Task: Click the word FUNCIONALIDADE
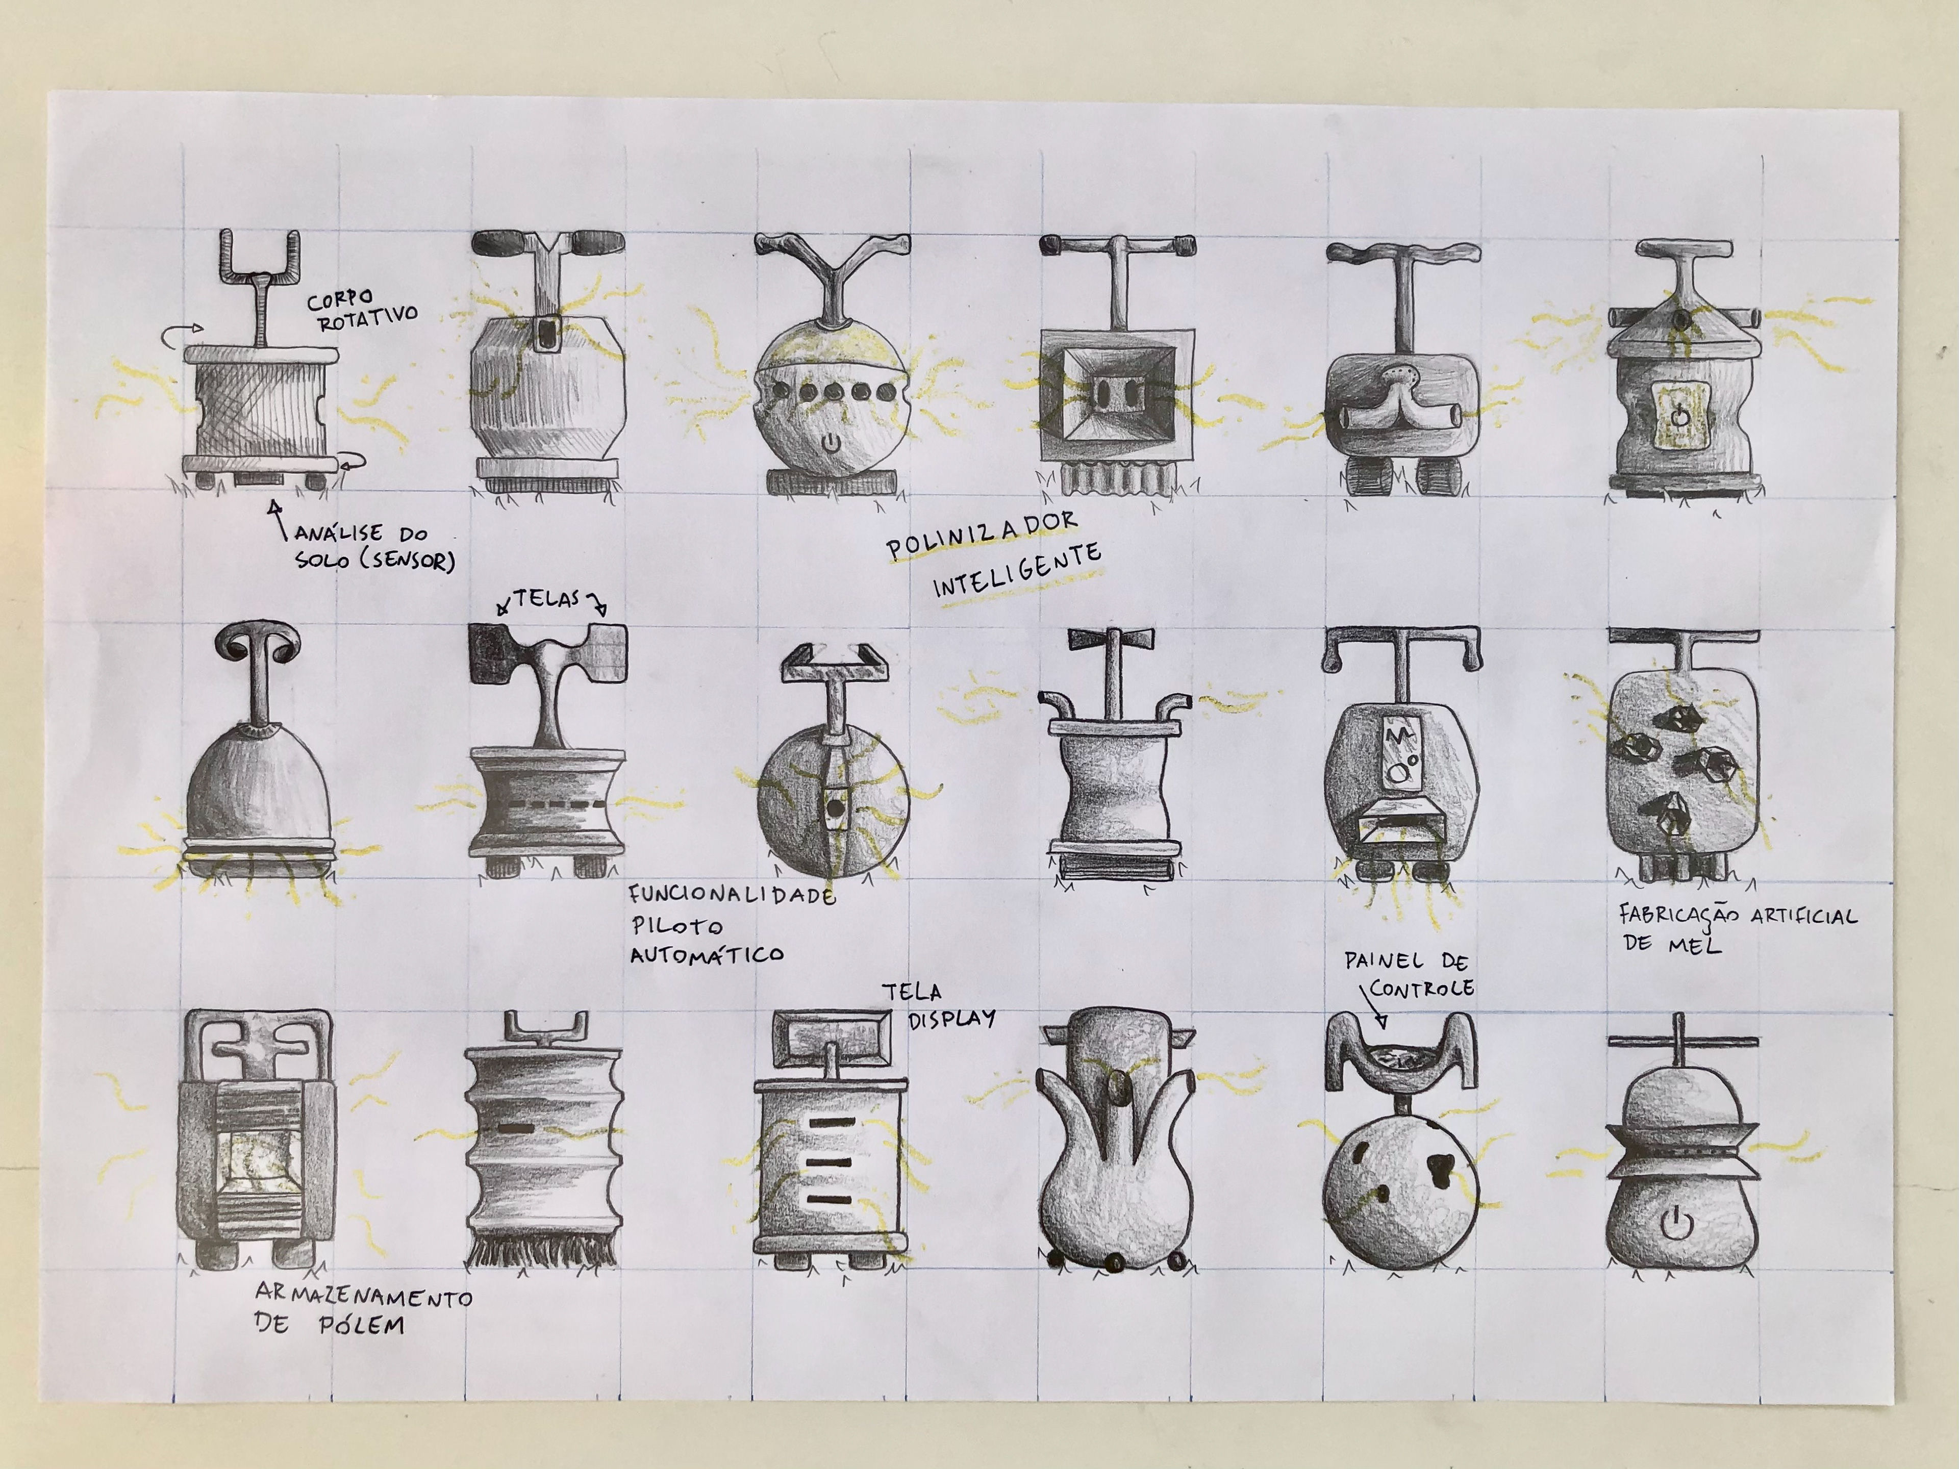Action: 732,894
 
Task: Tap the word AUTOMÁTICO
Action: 706,954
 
